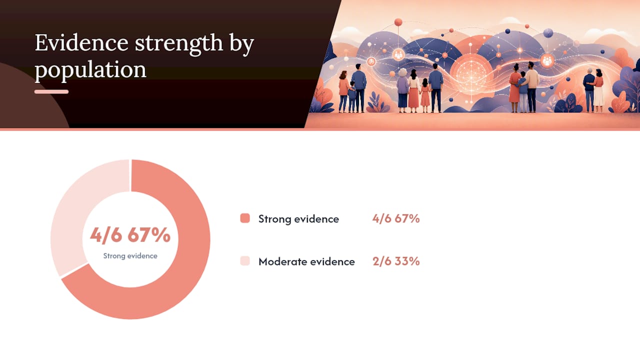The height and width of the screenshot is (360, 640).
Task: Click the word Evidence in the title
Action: (x=81, y=43)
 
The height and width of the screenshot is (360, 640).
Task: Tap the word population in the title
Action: (x=90, y=69)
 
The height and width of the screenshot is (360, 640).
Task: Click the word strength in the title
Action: (x=178, y=43)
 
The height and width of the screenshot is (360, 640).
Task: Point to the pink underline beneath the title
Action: (x=51, y=91)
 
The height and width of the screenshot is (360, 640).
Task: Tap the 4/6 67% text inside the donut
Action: (x=130, y=235)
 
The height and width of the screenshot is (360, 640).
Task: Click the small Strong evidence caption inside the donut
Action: (x=130, y=255)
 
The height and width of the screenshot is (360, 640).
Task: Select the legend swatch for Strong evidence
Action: (x=245, y=218)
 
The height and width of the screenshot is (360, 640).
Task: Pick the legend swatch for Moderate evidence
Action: (x=245, y=261)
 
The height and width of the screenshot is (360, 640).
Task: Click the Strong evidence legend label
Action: (x=298, y=219)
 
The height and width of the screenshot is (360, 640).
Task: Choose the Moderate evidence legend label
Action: (x=306, y=261)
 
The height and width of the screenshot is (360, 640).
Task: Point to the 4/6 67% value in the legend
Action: (x=396, y=218)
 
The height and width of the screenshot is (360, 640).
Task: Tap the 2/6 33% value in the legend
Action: (x=396, y=261)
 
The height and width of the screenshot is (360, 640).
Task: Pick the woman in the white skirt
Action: (x=599, y=90)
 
